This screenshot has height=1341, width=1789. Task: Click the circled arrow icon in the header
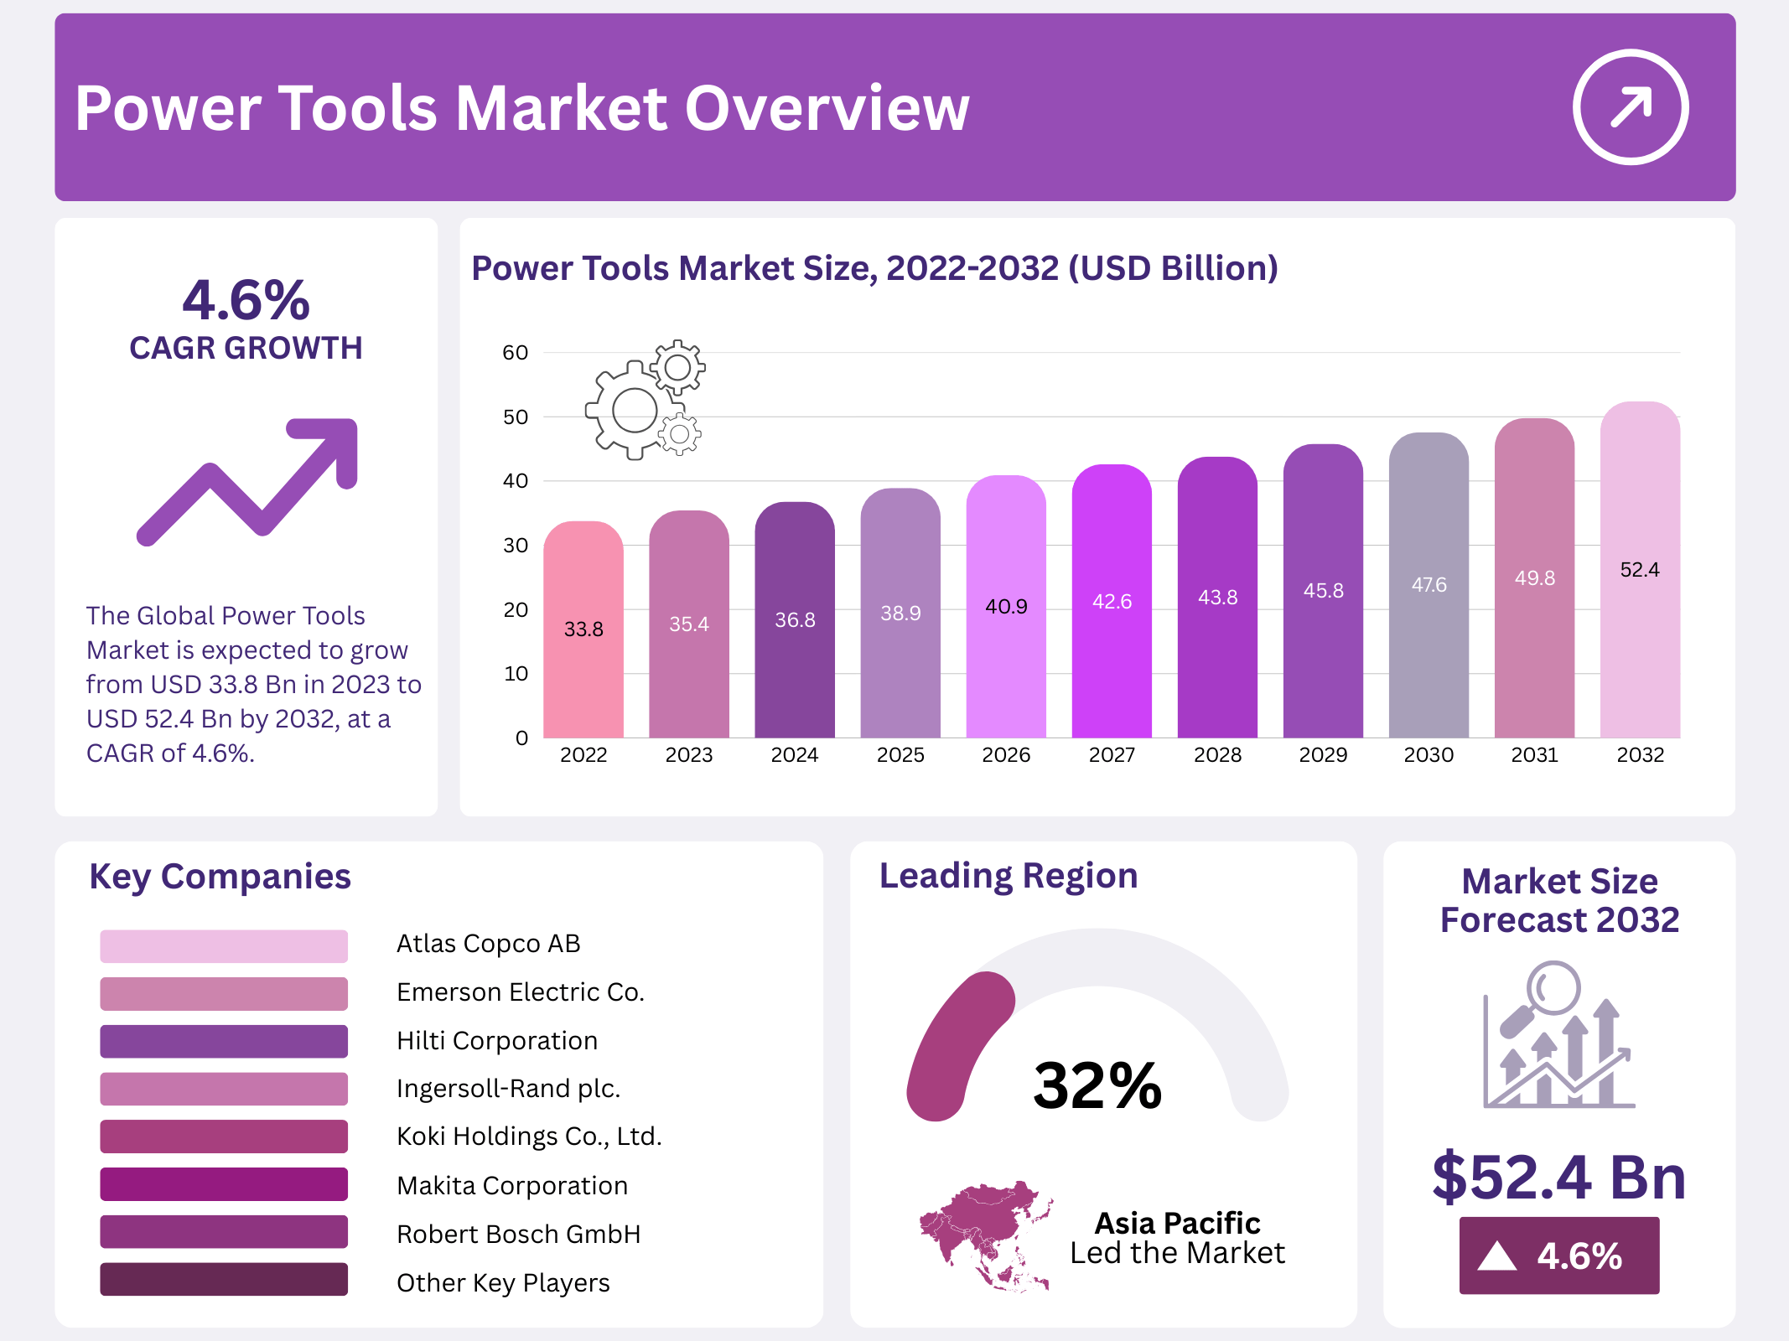coord(1630,107)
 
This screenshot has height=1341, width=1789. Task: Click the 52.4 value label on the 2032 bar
coord(1639,570)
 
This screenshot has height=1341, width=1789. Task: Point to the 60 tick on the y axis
coord(515,353)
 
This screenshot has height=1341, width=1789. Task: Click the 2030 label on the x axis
coord(1428,755)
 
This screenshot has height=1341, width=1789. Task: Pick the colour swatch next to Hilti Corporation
coord(224,1041)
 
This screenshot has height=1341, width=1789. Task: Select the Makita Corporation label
coord(511,1185)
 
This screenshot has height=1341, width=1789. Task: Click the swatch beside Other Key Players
coord(224,1279)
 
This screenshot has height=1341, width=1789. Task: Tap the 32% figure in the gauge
coord(1097,1086)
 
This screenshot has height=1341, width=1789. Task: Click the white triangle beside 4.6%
coord(1496,1256)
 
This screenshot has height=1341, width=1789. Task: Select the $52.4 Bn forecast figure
coord(1558,1177)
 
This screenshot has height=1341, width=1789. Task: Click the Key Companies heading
coord(220,877)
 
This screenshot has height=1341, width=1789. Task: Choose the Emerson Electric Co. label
coord(520,992)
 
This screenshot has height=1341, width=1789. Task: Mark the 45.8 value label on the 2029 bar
coord(1323,591)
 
